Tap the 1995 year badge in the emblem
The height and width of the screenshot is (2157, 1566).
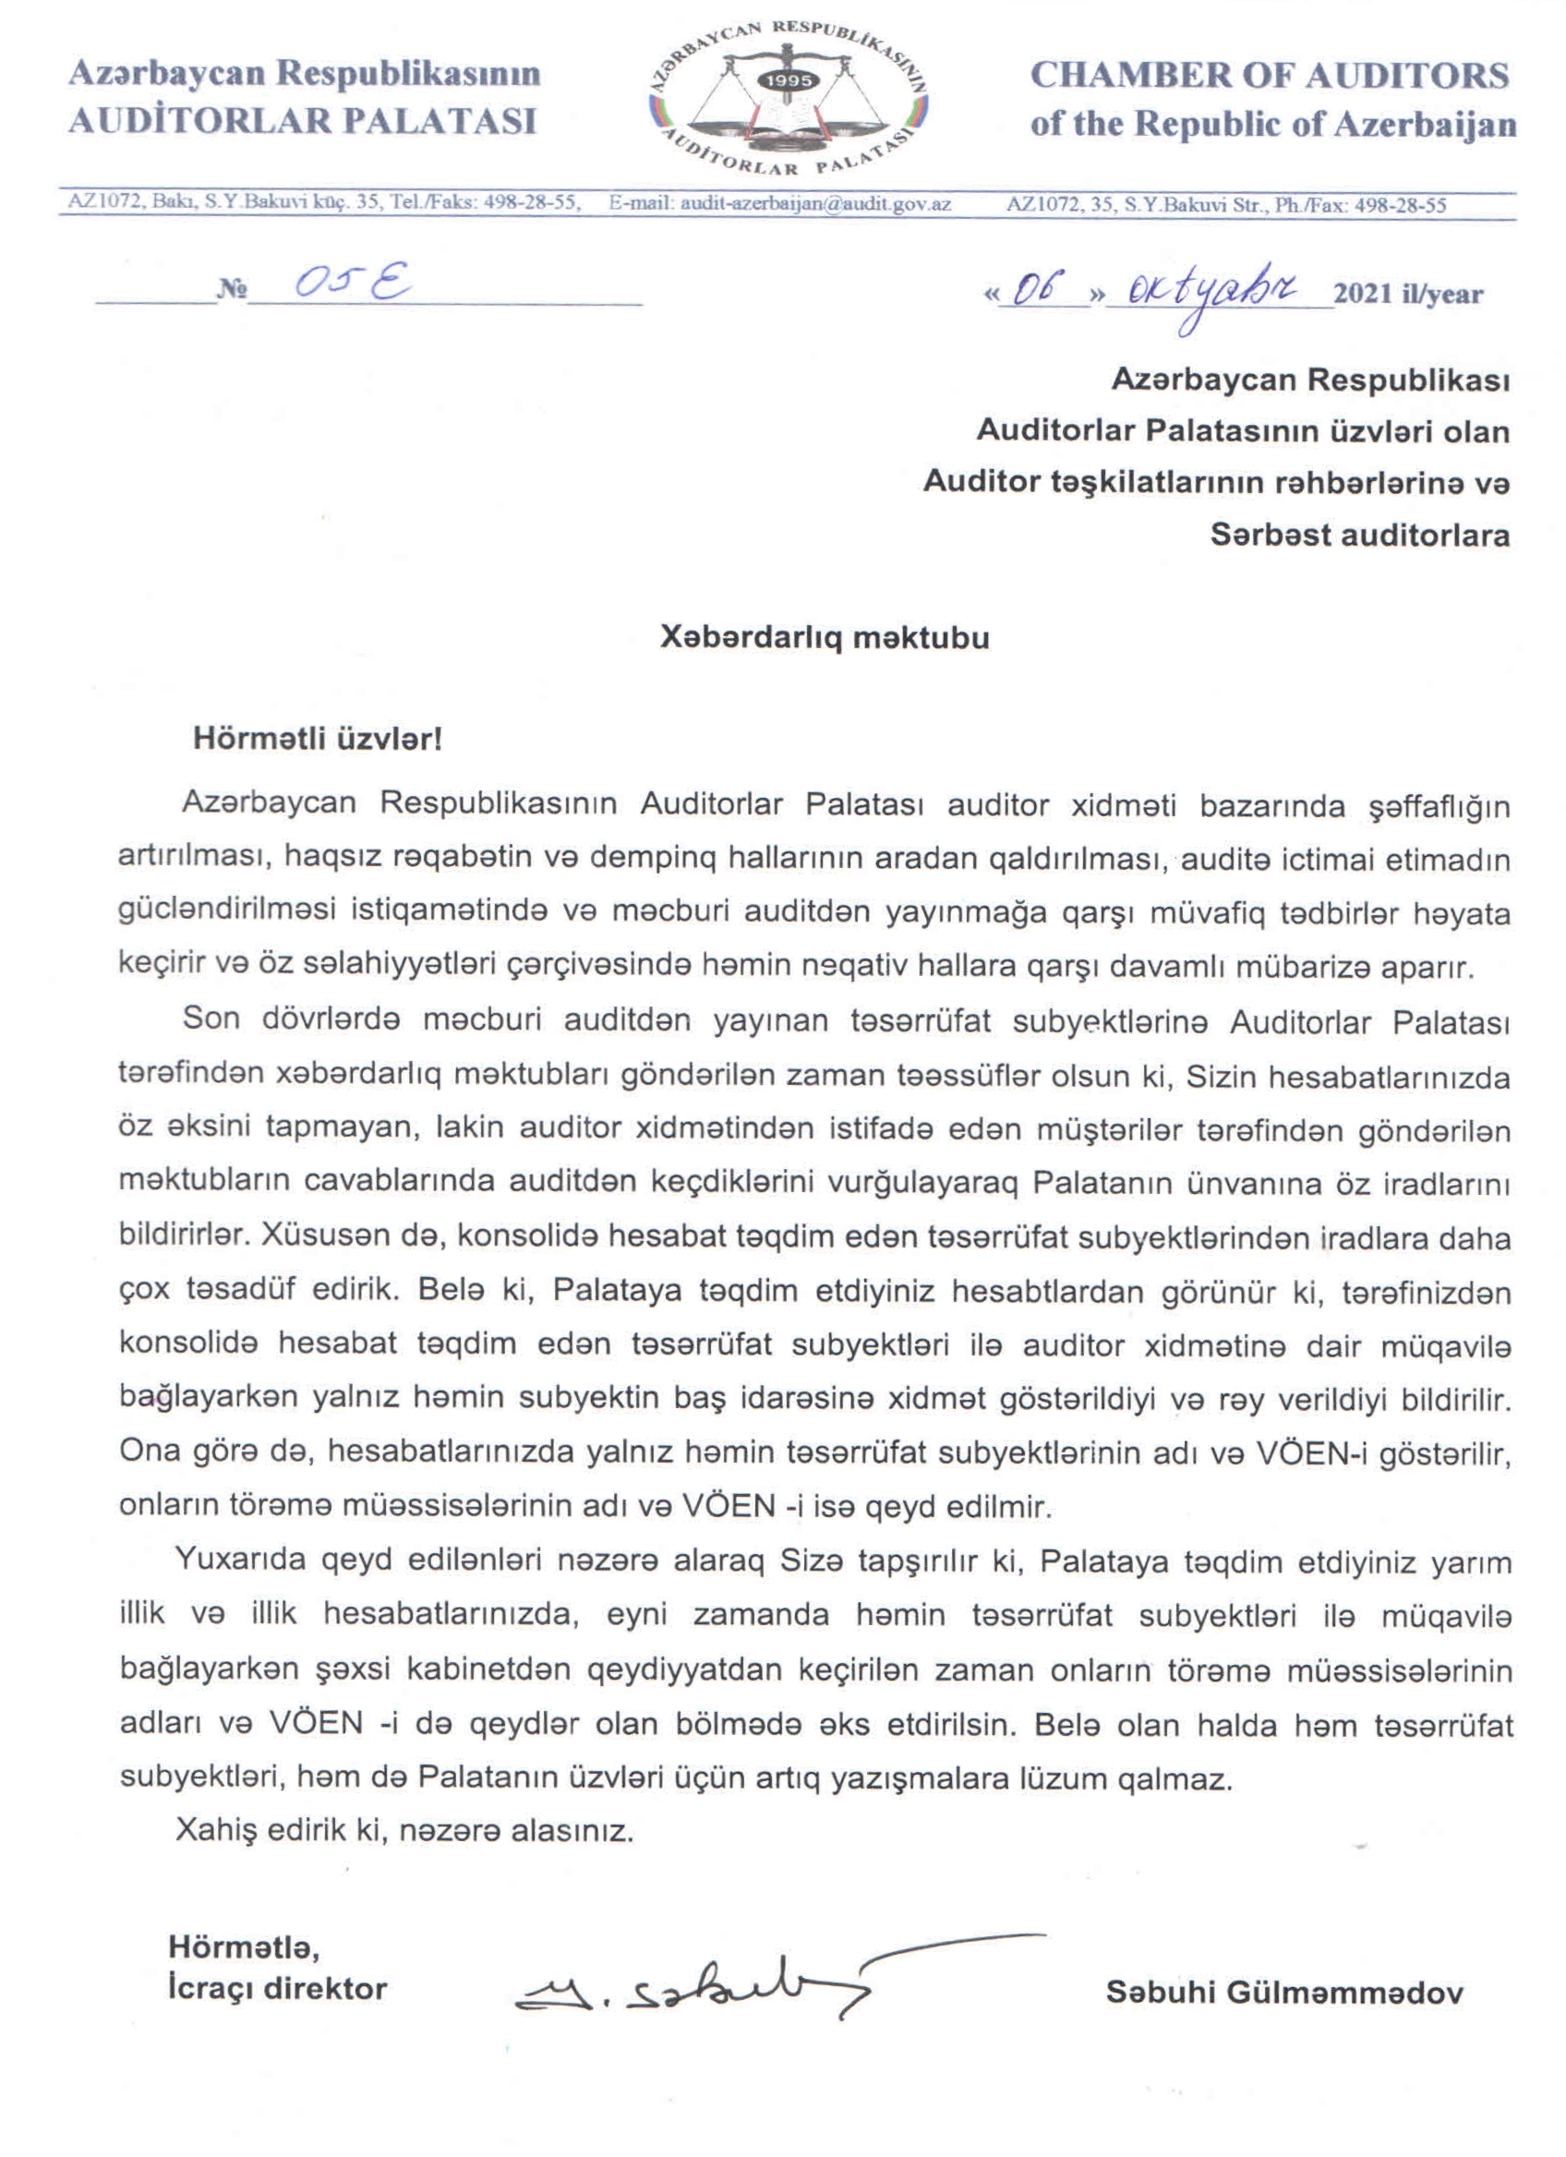click(789, 81)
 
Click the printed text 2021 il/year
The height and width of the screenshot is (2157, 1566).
click(1407, 294)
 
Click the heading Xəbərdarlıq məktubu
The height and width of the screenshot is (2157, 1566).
click(825, 637)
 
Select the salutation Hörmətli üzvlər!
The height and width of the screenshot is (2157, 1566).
click(318, 739)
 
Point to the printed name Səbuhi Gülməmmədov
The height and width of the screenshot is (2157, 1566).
click(1284, 1992)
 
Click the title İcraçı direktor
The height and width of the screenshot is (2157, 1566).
click(278, 1989)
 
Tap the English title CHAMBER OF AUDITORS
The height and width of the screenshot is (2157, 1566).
click(1270, 76)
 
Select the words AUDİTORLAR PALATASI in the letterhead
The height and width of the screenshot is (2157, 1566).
click(302, 122)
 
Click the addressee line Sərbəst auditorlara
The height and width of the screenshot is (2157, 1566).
click(1360, 535)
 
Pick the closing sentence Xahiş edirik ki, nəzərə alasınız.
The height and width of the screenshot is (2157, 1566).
click(404, 1831)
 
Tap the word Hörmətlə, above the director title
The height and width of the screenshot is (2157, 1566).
click(245, 1946)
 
